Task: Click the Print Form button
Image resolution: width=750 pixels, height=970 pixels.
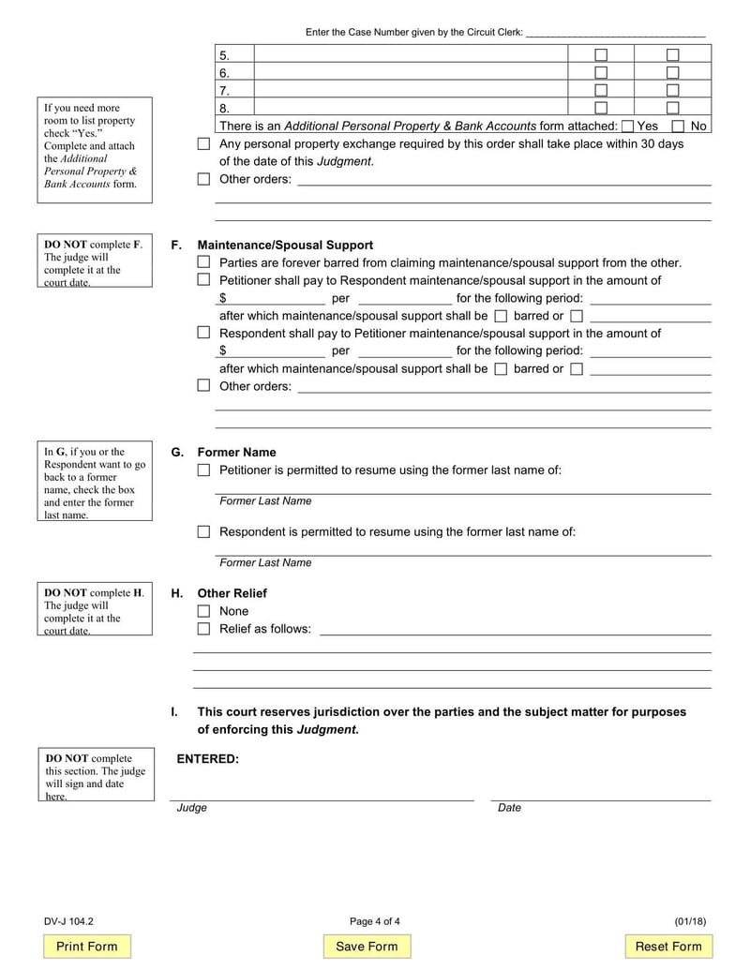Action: [87, 947]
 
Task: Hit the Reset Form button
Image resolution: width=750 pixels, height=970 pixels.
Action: [668, 947]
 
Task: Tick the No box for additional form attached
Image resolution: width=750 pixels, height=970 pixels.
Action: [678, 127]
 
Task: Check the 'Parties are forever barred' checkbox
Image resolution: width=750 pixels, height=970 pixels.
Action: [203, 262]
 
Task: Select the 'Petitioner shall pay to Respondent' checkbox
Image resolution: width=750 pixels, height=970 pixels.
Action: [203, 280]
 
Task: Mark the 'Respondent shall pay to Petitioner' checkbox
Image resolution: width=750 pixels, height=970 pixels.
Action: [203, 333]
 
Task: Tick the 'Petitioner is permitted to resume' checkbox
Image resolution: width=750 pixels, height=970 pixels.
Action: [203, 470]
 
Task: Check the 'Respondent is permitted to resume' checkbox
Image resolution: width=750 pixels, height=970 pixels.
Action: [203, 531]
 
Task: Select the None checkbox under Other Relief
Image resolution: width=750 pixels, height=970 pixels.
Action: [203, 611]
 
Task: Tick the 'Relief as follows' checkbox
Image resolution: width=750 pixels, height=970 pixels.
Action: [203, 629]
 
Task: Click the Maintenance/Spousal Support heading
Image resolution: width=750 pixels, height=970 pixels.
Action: [285, 246]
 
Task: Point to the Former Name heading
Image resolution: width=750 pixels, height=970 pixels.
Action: [236, 453]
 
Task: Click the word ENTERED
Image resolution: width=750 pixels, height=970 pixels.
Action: [208, 759]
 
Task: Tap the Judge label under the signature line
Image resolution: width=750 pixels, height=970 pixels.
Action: [192, 808]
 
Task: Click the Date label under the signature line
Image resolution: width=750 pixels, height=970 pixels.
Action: [509, 808]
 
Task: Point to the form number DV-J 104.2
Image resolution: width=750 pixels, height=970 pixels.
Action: [68, 921]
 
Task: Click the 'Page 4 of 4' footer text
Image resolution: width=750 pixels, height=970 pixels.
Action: [374, 921]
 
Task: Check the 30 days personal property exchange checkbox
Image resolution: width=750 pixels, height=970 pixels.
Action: [203, 144]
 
